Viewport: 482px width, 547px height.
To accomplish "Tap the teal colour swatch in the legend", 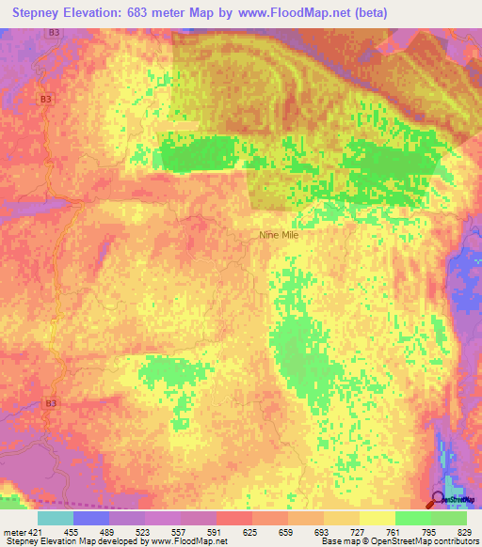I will point(56,518).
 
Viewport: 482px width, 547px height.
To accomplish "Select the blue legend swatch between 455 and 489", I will point(91,518).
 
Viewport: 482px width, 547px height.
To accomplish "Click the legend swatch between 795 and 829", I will point(449,518).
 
